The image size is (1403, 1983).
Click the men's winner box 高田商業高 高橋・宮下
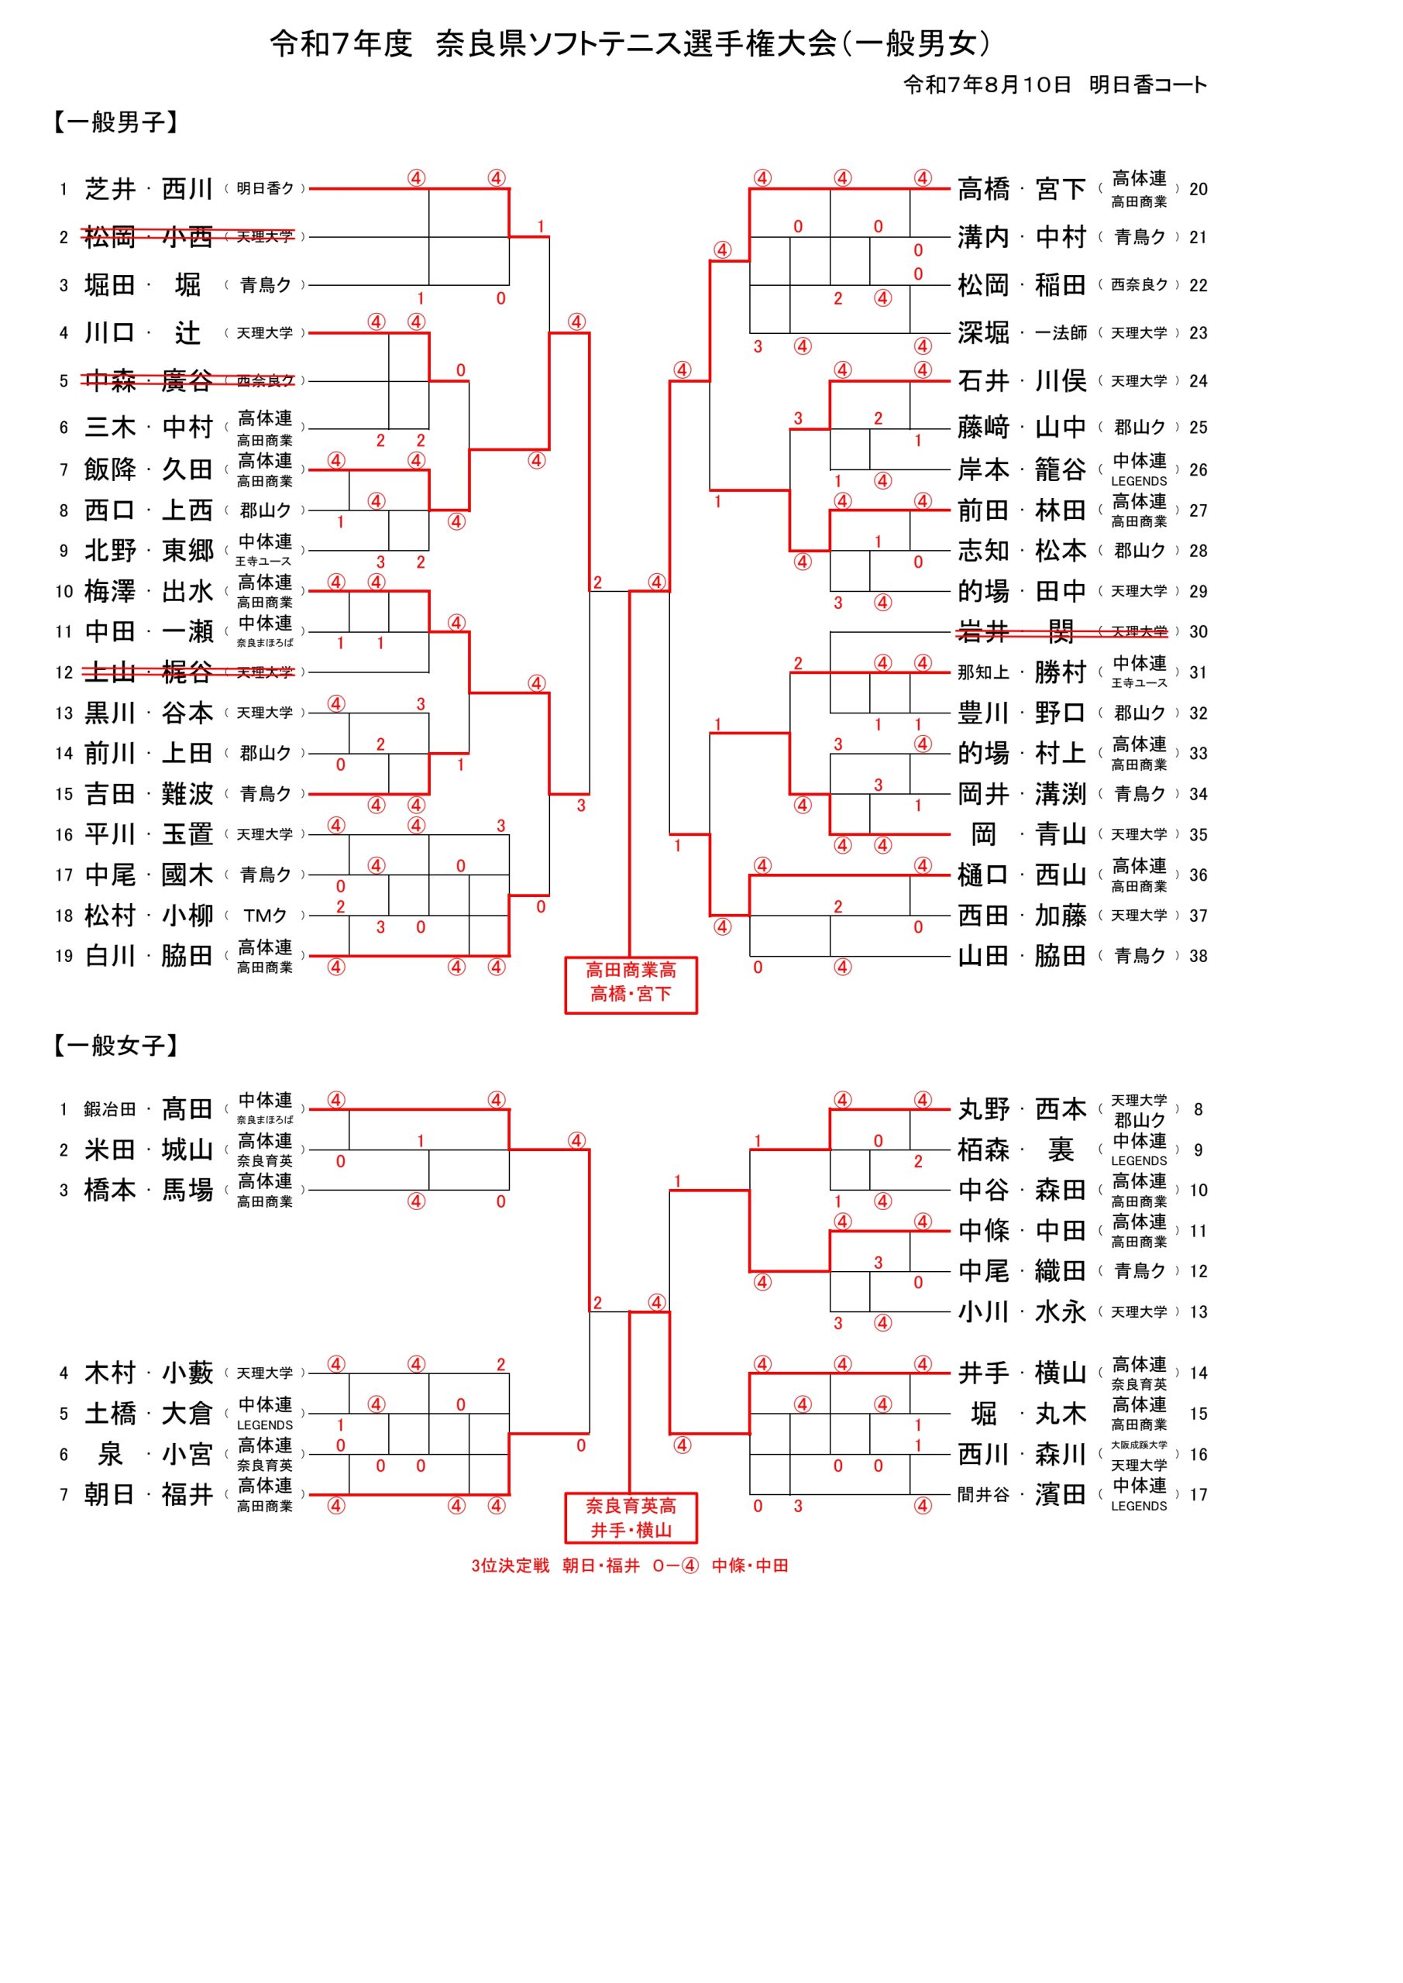631,983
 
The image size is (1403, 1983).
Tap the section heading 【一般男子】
115,122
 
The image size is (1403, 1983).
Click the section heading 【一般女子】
115,1045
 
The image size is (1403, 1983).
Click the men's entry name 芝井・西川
148,188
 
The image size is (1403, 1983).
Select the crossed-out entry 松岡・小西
148,237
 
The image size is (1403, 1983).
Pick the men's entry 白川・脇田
148,955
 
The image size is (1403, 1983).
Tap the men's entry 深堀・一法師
1021,332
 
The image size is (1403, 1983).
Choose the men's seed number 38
1198,956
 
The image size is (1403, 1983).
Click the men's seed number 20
1198,189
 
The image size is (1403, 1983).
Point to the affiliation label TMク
264,916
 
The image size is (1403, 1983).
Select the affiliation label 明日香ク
264,188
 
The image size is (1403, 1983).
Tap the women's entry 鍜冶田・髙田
148,1109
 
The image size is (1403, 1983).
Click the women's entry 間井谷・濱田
1021,1494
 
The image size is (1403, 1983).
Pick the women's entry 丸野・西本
1021,1109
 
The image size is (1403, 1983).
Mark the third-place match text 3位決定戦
510,1565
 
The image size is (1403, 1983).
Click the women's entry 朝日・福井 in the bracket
148,1494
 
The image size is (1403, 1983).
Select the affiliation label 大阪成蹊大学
1139,1445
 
